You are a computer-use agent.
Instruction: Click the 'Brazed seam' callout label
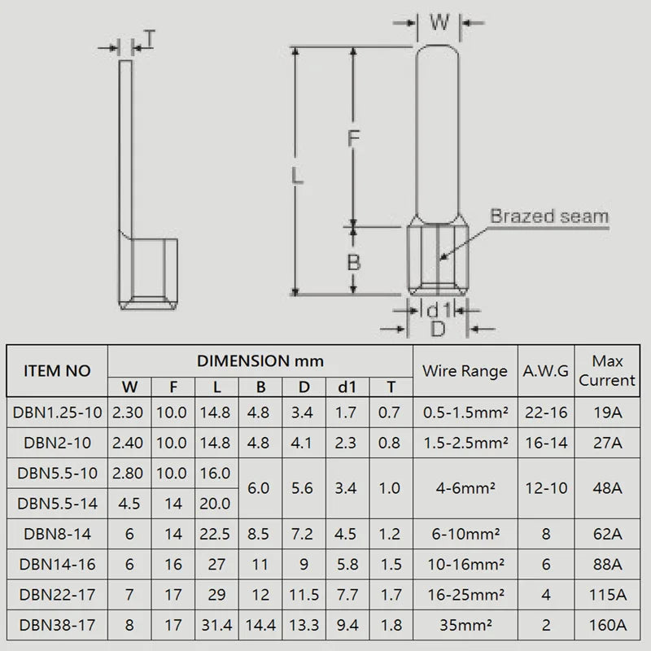coord(548,216)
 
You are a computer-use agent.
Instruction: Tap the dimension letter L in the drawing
coord(298,175)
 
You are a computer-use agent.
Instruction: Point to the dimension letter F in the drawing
coord(352,139)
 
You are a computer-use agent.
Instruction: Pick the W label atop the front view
coord(439,23)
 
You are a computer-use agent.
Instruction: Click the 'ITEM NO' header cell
coord(57,371)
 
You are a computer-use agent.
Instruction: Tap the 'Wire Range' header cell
coord(465,371)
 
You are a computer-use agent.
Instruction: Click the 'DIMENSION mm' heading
coord(260,360)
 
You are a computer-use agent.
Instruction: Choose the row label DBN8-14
coord(57,534)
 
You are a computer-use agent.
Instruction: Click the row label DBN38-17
coord(57,626)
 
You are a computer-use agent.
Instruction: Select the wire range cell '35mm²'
coord(465,626)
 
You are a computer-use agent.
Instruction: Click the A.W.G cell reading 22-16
coord(546,412)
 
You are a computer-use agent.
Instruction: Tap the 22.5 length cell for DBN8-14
coord(216,534)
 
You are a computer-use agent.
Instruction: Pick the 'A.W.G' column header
coord(546,371)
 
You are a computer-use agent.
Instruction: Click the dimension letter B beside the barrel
coord(353,263)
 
